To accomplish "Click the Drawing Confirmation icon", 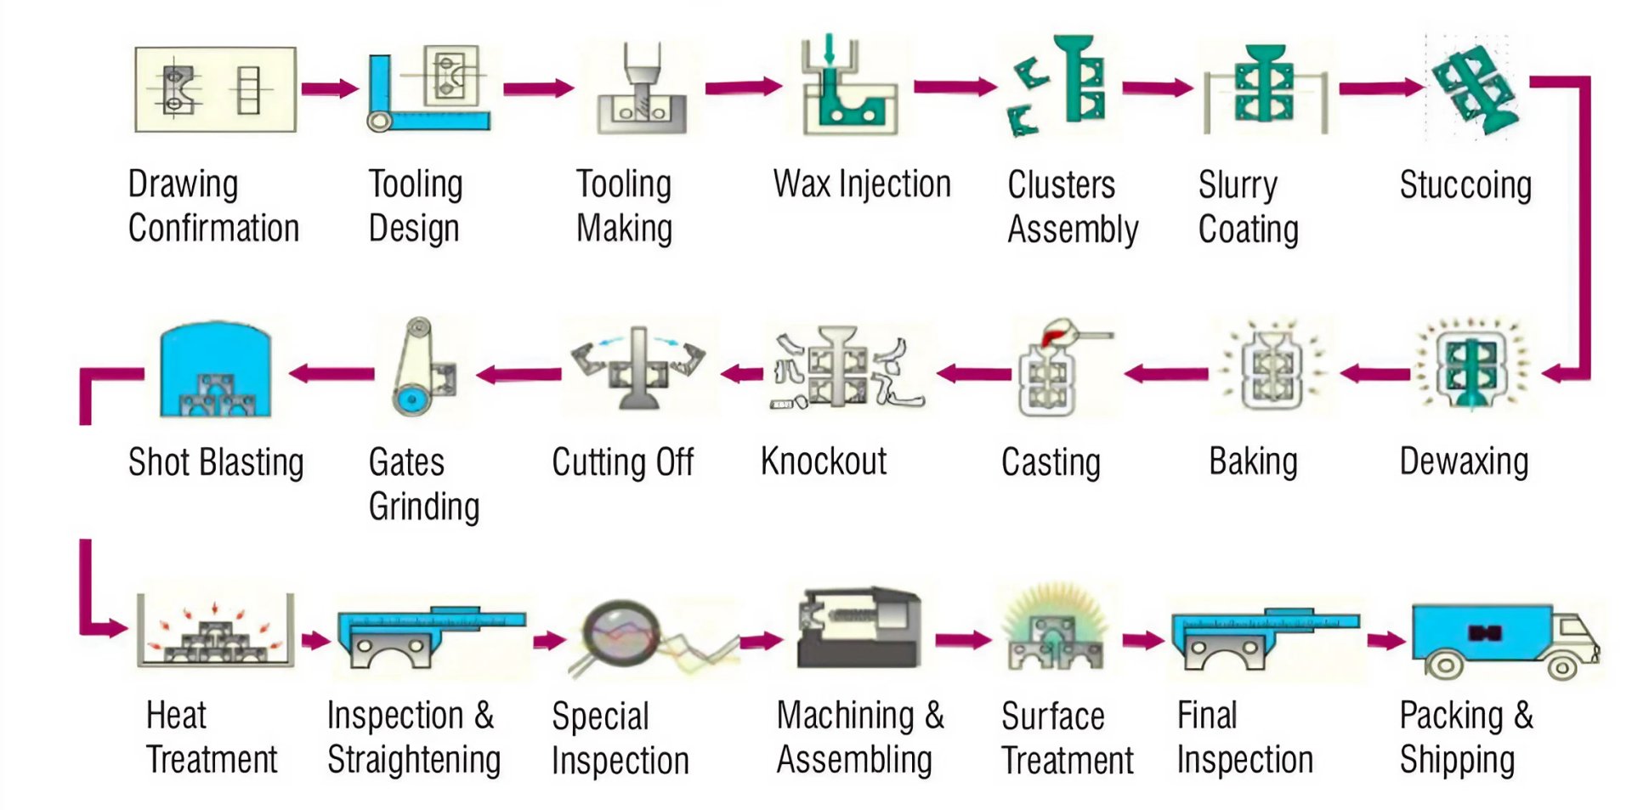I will click(215, 90).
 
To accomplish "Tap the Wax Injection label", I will click(861, 184).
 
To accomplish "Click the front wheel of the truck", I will click(1561, 666).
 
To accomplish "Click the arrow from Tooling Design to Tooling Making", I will click(538, 88).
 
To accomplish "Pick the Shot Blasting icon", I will click(215, 371).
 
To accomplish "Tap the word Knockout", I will click(823, 462).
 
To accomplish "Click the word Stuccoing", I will click(1465, 185).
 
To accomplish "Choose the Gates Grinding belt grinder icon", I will click(422, 367).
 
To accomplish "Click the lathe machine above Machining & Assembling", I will click(858, 629).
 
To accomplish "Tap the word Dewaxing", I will click(1464, 462).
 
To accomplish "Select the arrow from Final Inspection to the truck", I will click(1385, 640).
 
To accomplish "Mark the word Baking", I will click(1253, 462).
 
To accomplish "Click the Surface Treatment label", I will click(1067, 738).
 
